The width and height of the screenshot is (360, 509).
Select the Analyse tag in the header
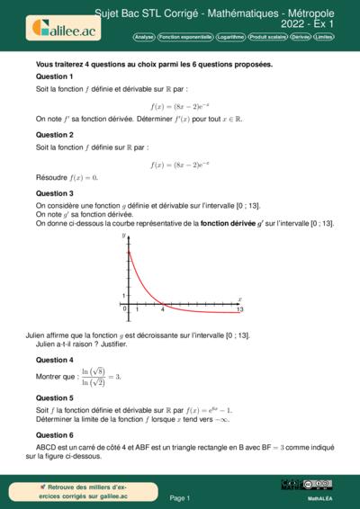144,38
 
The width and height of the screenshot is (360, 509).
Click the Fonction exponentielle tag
186,38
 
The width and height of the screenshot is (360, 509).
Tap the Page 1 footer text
180,497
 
